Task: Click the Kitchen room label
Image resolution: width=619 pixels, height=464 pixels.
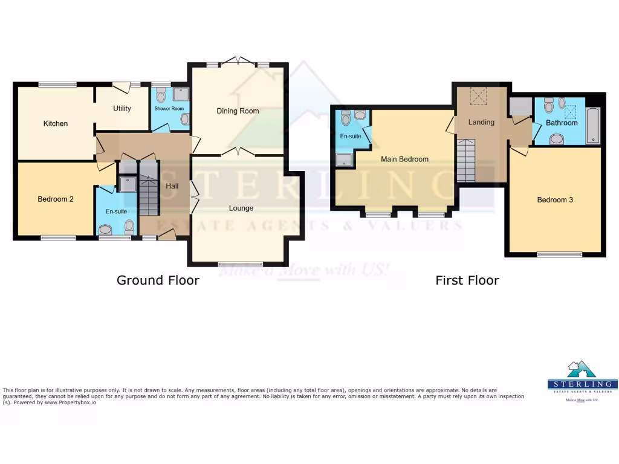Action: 56,123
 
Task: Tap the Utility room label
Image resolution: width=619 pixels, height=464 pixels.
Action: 122,108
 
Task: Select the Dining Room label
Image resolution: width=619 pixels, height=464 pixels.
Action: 238,111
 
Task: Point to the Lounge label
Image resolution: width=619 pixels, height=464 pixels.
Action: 241,208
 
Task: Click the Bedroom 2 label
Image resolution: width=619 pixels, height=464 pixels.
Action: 56,199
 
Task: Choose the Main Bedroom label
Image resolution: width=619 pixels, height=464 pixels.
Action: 404,159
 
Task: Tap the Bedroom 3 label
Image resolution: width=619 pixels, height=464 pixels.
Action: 555,199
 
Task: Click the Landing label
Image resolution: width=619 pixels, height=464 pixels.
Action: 481,122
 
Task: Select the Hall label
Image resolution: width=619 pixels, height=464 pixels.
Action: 172,186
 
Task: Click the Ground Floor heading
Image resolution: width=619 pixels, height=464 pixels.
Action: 158,280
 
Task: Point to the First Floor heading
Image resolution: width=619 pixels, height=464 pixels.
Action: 467,280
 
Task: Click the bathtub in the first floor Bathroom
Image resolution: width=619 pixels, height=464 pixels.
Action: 594,126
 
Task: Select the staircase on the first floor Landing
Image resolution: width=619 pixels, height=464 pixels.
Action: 465,160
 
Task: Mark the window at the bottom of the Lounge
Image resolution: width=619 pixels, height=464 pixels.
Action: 241,263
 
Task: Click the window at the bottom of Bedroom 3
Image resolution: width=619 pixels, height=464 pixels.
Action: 556,254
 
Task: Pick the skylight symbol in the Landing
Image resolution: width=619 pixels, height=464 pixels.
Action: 479,95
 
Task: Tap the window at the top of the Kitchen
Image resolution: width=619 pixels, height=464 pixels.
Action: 57,85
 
